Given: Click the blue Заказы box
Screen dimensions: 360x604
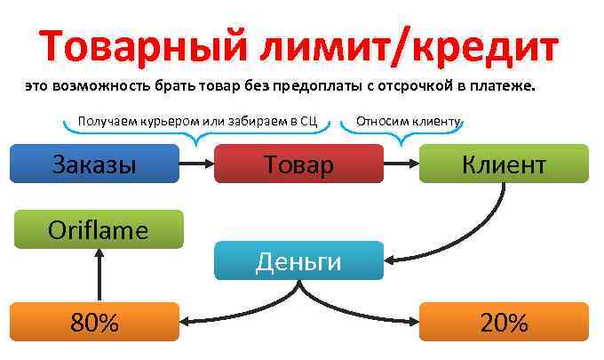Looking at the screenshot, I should [94, 164].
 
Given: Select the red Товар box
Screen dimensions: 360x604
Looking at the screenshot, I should [298, 164].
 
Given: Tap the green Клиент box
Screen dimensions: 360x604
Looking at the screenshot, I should [503, 164].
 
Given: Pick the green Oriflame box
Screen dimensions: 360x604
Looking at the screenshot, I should [98, 229].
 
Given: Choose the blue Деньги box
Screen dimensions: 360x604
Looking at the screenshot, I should [298, 260].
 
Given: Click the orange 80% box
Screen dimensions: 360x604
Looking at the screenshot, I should [94, 321].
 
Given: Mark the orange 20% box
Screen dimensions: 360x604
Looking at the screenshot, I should [503, 321].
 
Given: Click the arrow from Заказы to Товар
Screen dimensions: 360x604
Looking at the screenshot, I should [197, 164].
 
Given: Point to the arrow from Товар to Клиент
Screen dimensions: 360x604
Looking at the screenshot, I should [401, 164].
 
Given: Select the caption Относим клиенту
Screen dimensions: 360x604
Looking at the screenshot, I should [408, 120].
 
